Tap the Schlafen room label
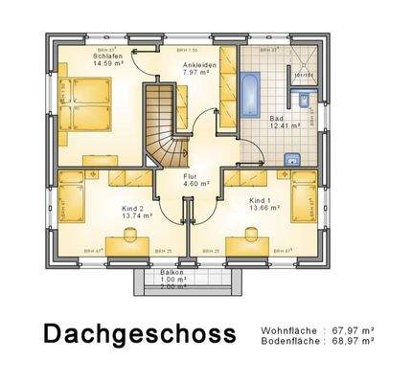coord(106,56)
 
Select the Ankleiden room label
coord(200,64)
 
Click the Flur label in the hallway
coord(190,176)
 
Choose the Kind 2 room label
coord(132,207)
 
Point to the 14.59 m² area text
coord(106,63)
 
